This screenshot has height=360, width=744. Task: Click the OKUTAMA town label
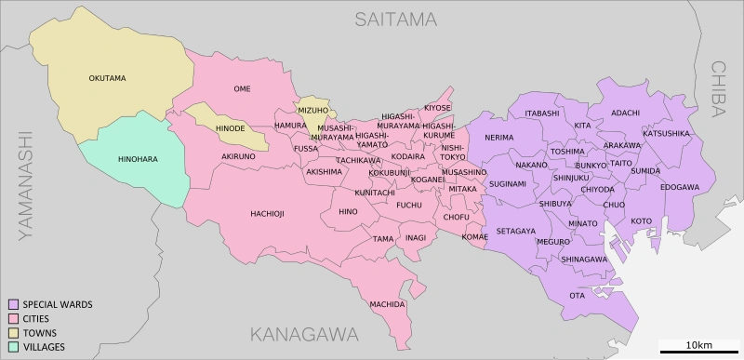(x=107, y=78)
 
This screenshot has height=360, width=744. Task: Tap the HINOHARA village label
(x=138, y=159)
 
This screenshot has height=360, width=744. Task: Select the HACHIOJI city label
(x=267, y=214)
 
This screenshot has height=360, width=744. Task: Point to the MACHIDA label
(x=387, y=304)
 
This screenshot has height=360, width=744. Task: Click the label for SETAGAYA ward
(x=515, y=231)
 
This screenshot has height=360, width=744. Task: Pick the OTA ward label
(x=578, y=296)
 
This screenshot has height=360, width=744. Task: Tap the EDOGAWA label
(x=680, y=187)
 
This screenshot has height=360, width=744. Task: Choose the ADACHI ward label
(x=625, y=113)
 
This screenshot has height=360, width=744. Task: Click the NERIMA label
(x=498, y=138)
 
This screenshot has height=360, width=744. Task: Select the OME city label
(x=242, y=89)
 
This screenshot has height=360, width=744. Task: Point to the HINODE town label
(x=230, y=128)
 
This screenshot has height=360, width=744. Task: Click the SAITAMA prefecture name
(x=395, y=19)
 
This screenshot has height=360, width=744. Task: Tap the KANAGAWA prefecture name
(x=304, y=334)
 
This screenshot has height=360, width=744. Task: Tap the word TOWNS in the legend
(x=40, y=333)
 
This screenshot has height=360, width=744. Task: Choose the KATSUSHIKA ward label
(x=667, y=133)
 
